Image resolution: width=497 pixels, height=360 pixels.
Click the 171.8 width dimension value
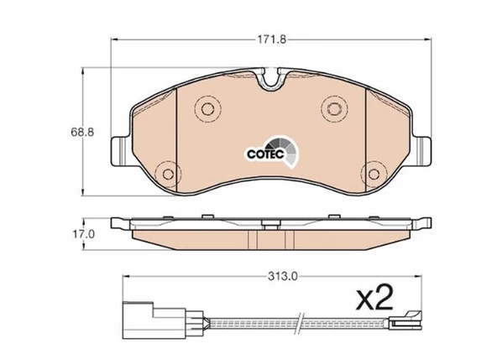click(272, 39)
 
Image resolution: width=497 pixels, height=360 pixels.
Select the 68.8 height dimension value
click(82, 132)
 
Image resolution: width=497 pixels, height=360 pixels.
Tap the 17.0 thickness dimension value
click(84, 234)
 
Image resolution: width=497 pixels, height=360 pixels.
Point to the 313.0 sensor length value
click(283, 277)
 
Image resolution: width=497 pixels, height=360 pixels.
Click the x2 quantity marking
click(374, 298)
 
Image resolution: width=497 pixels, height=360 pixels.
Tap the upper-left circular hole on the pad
click(208, 109)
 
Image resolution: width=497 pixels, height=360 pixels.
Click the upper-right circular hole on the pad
click(334, 109)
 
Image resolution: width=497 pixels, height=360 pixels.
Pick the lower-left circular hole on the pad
click(168, 174)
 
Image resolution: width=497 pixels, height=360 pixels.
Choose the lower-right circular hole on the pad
click(374, 174)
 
